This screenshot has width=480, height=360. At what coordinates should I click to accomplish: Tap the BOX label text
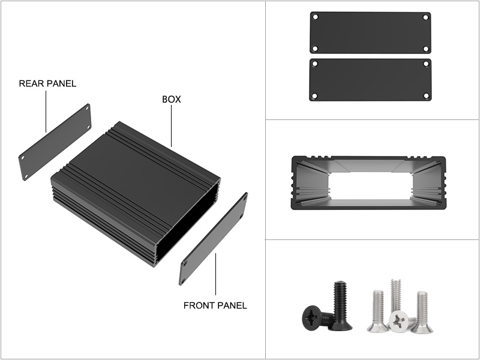(172, 99)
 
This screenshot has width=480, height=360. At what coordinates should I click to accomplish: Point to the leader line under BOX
(172, 126)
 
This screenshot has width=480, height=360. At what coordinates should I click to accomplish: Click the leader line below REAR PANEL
(46, 112)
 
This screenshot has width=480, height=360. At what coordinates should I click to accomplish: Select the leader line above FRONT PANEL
(215, 274)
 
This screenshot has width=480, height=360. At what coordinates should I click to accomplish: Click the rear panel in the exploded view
(55, 142)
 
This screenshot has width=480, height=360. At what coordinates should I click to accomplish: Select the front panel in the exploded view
(214, 239)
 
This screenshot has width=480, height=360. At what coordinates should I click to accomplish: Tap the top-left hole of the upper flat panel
(316, 17)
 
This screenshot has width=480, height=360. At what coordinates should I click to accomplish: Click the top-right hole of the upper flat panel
(425, 17)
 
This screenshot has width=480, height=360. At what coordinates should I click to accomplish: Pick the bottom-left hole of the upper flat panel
(314, 49)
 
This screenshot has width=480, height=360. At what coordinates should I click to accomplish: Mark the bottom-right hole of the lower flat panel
(426, 96)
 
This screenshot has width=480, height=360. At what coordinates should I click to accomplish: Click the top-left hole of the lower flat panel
(314, 64)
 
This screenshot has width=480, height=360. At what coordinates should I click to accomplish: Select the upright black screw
(340, 306)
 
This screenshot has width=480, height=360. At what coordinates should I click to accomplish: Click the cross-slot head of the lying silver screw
(399, 321)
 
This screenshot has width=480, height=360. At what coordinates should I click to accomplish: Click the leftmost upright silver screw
(378, 311)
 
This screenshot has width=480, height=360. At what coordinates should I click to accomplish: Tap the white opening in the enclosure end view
(370, 185)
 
